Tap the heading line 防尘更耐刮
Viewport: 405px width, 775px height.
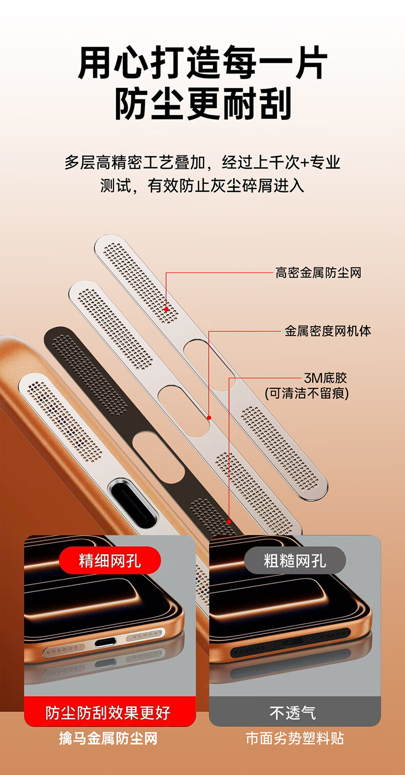pos(202,104)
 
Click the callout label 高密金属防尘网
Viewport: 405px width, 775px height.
pos(318,273)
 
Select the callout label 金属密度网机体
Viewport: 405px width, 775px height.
pos(328,331)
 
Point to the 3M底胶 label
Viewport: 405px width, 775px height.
pos(326,378)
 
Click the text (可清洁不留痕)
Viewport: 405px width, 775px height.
pos(307,393)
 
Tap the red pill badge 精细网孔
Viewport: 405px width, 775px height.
pos(110,560)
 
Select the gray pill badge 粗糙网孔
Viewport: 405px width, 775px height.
pos(295,560)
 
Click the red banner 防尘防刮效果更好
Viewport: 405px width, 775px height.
pos(110,712)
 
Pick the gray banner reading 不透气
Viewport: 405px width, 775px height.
pos(295,712)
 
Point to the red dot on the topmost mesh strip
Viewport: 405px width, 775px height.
pos(167,309)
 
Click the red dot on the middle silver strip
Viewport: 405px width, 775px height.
pos(209,418)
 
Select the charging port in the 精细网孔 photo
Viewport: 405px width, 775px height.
pos(106,643)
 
